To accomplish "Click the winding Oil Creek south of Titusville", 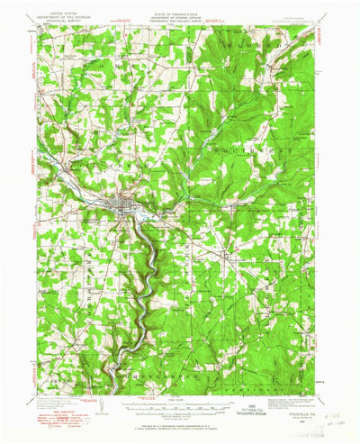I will point(135,270).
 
